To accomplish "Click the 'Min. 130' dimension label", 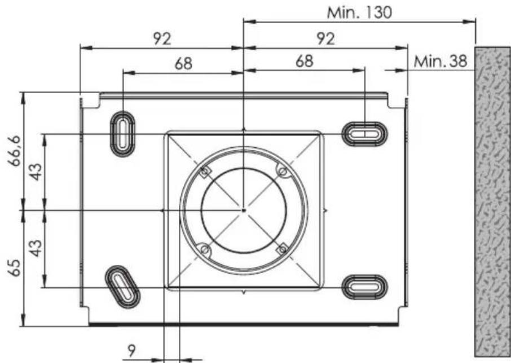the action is pyautogui.click(x=359, y=13).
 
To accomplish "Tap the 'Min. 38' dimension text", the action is pyautogui.click(x=440, y=61).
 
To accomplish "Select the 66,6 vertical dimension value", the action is pyautogui.click(x=15, y=151).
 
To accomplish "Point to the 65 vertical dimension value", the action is pyautogui.click(x=15, y=268).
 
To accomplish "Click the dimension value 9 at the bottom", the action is pyautogui.click(x=131, y=351).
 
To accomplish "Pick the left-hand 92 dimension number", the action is pyautogui.click(x=162, y=39).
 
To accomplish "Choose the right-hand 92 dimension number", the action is pyautogui.click(x=325, y=39).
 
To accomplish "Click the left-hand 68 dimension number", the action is pyautogui.click(x=183, y=64).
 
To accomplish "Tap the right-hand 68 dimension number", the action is pyautogui.click(x=305, y=61).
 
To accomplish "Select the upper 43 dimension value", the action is pyautogui.click(x=36, y=172).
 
